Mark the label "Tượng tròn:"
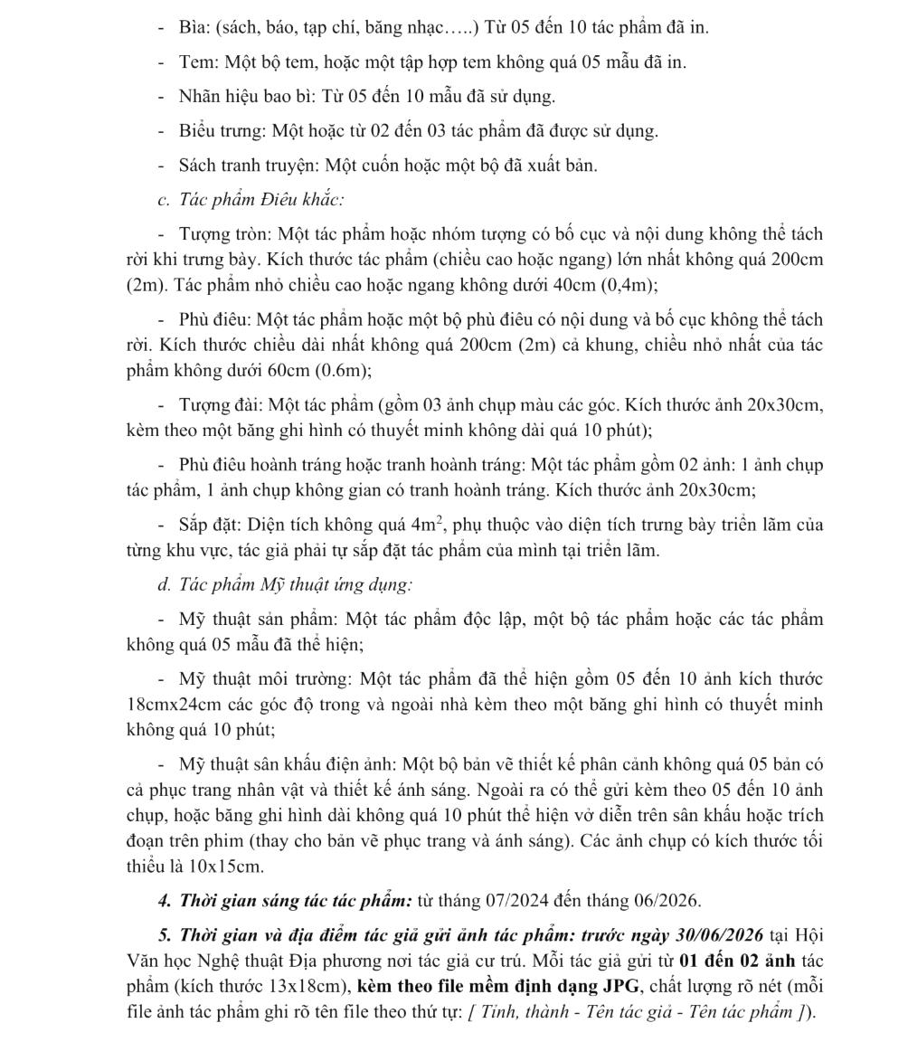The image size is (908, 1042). [226, 234]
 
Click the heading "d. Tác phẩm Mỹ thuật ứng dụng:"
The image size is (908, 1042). [285, 584]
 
